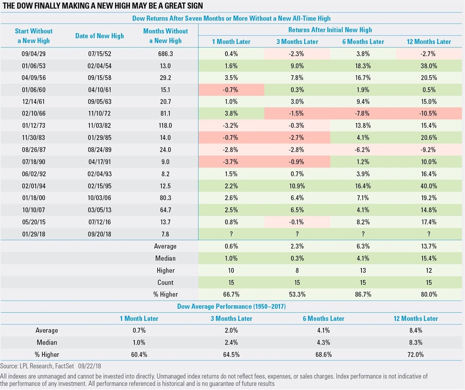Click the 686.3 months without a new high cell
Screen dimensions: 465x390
tap(165, 54)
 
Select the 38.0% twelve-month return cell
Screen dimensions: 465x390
tap(429, 66)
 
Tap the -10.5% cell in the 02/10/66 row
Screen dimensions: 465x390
tap(429, 113)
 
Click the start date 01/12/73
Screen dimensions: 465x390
tap(34, 125)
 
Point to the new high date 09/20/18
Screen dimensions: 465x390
tap(99, 234)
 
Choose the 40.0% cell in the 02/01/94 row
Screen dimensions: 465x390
tap(429, 186)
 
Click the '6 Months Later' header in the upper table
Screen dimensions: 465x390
tap(363, 41)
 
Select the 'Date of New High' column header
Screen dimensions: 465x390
tap(99, 36)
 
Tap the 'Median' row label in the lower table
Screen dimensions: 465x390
tap(47, 342)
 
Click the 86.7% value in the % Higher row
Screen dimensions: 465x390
tap(363, 294)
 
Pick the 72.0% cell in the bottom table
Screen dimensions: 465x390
tap(415, 354)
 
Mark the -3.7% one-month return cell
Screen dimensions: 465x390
tap(231, 161)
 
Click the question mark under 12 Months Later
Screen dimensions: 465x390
tap(429, 234)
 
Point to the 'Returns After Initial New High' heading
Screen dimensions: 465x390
tap(330, 30)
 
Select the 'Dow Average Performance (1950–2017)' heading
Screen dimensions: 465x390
tap(231, 306)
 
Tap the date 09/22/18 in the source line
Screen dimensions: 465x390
tap(90, 366)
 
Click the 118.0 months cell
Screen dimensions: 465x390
tap(165, 125)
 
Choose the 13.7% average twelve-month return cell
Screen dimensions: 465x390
tap(429, 246)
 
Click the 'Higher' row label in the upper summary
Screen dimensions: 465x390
tap(165, 270)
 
